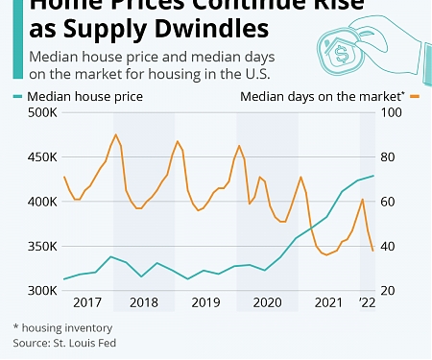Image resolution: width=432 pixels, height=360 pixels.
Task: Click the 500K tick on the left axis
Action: point(41,113)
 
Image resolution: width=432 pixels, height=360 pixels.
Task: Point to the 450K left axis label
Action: point(41,157)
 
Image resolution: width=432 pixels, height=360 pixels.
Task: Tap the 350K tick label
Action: point(41,246)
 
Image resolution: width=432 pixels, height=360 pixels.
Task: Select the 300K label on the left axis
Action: point(41,290)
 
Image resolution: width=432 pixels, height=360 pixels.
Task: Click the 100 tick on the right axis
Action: point(392,113)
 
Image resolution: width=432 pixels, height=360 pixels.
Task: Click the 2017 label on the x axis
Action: point(87,303)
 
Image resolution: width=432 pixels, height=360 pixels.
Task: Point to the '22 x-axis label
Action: point(368,303)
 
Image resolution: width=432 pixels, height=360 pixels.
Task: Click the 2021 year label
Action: point(327,303)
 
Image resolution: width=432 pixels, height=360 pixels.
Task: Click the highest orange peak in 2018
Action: point(116,134)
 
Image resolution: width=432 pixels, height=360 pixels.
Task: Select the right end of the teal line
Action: point(373,176)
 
